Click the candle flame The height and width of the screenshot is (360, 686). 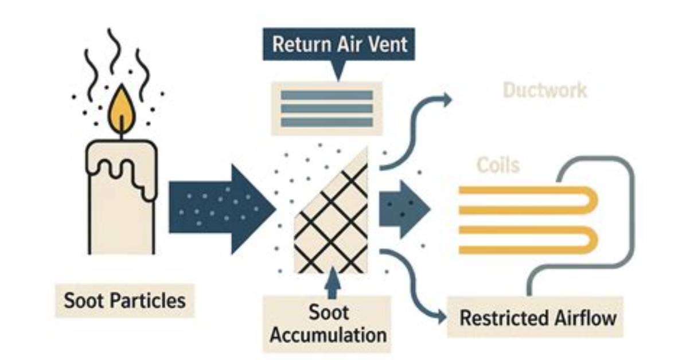coord(121,110)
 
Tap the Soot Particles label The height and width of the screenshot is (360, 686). coord(124,300)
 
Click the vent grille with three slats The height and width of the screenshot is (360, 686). coord(327,108)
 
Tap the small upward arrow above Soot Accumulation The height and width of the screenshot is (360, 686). coord(333,283)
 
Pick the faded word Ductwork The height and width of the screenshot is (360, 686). coord(545,91)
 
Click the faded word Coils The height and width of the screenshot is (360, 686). coord(498,165)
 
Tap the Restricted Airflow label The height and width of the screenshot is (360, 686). coord(537,318)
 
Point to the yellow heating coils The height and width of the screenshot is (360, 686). coord(527,220)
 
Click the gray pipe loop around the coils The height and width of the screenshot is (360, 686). coord(632,219)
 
